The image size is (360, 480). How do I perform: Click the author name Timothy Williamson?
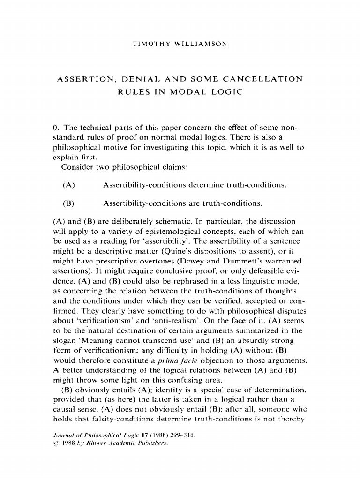180,44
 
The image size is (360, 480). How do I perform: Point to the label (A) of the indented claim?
69,185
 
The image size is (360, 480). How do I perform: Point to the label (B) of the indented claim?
69,204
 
